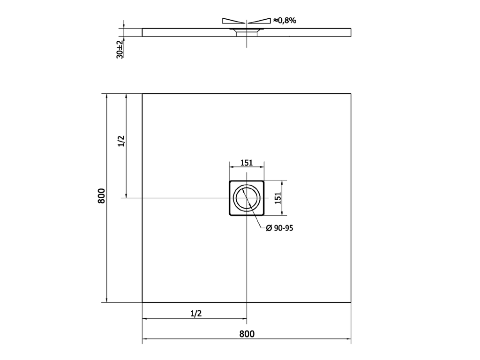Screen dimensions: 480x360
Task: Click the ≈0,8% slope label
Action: tap(285, 21)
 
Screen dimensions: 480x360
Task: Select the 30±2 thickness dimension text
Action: tap(120, 49)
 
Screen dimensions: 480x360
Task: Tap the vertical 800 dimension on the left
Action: tap(101, 196)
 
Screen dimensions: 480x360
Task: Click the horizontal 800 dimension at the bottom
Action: tap(247, 334)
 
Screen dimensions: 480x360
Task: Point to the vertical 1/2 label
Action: tap(121, 141)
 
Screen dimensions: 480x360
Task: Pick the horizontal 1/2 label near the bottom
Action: tap(196, 314)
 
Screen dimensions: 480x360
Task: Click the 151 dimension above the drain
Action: tap(247, 163)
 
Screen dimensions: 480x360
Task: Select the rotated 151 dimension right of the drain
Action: tap(277, 198)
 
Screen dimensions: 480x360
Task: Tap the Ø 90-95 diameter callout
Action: tap(279, 228)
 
